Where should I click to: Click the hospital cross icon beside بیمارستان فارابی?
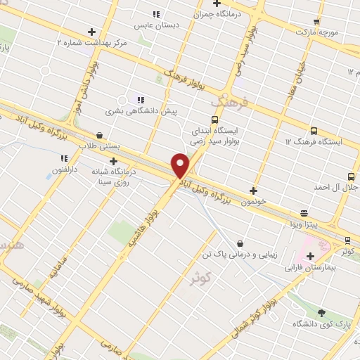(x=310, y=256)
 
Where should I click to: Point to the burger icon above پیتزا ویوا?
(x=304, y=212)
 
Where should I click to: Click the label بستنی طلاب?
(x=100, y=147)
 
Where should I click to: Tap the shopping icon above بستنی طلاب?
(x=99, y=135)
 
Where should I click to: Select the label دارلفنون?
(x=65, y=170)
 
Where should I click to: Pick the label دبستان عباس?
(x=156, y=25)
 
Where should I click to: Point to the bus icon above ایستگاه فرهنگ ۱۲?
(x=313, y=131)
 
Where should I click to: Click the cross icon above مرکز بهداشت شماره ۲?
(x=91, y=32)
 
